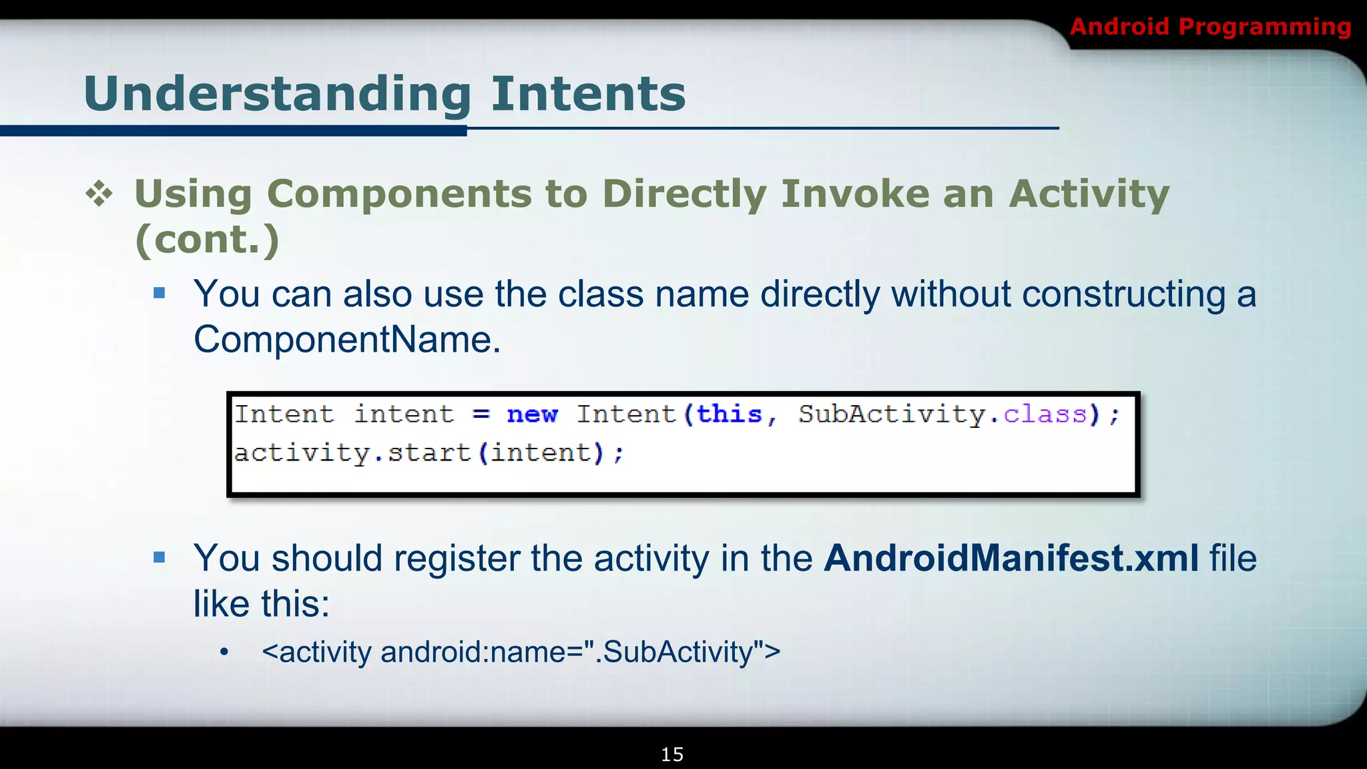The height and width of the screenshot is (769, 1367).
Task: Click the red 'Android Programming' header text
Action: pos(1209,27)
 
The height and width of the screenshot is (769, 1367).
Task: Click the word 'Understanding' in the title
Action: pos(278,94)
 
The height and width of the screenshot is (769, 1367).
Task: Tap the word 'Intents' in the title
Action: pos(588,94)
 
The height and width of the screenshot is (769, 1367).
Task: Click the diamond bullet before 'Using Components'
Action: pos(99,194)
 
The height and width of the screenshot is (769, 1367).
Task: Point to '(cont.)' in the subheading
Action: pos(207,240)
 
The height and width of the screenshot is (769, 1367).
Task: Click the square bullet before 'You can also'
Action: pos(159,293)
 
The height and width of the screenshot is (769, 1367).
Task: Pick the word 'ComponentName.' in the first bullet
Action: pos(347,340)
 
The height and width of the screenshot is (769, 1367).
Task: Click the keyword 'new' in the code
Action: pos(532,415)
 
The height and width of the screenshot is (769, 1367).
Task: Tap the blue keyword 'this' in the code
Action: pos(729,415)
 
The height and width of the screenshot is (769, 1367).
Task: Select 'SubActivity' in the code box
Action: pos(892,415)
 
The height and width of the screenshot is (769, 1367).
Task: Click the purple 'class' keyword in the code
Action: pos(1045,415)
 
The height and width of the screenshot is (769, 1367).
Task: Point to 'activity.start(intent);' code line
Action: pos(429,453)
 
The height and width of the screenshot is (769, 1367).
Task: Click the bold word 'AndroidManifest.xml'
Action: pos(1011,558)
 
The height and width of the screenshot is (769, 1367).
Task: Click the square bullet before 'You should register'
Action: pos(159,557)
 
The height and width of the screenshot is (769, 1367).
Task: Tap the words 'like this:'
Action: pos(262,604)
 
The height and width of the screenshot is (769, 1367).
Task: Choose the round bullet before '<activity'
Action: pos(224,652)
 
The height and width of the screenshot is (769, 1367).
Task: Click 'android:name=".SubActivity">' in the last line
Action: pos(580,652)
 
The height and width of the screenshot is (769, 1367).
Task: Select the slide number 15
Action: pos(672,754)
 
